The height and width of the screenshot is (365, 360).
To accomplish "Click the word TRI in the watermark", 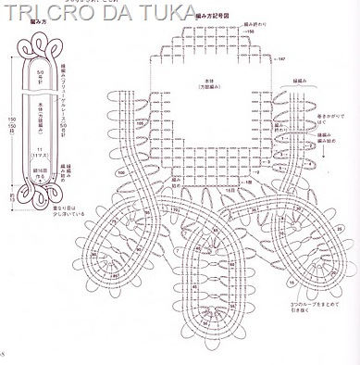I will [x=24, y=15].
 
